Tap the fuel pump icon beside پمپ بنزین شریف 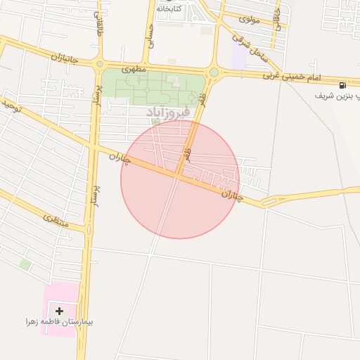pos(342,84)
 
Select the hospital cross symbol pos(59,311)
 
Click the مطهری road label pos(133,70)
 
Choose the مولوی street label pos(249,19)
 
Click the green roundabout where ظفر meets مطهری pos(214,72)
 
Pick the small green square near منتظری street pos(25,264)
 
